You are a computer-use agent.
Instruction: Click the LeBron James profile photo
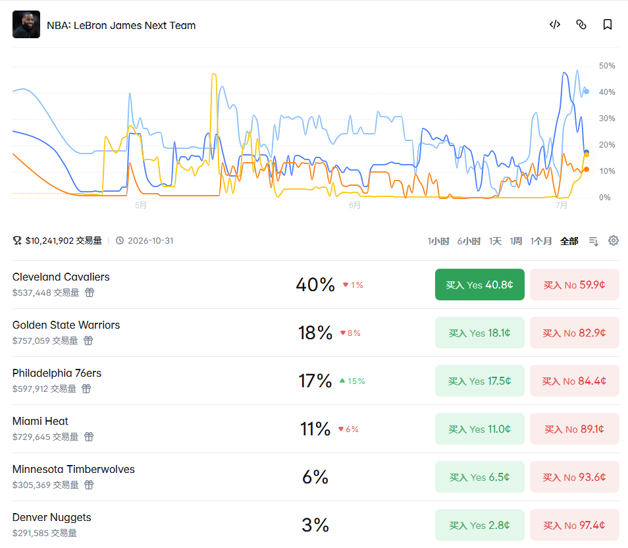(26, 24)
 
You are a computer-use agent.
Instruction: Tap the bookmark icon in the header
(607, 24)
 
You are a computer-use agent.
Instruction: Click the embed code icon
(555, 24)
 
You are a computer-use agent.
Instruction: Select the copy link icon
(581, 24)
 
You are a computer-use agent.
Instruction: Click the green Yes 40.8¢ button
(479, 285)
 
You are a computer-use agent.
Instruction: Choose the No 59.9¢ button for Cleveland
(574, 285)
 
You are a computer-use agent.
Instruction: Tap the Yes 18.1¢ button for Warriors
(479, 333)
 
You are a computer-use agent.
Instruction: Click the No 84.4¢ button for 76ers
(574, 381)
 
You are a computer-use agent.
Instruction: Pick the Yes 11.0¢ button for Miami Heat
(479, 429)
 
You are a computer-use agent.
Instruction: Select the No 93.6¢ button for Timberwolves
(574, 477)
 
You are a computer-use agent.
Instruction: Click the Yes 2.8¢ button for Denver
(479, 525)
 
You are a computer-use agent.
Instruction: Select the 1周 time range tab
(515, 241)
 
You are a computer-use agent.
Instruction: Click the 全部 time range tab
(569, 241)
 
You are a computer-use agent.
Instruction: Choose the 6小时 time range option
(469, 241)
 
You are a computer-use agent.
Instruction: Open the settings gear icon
(613, 240)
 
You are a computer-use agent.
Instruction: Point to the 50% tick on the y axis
(607, 66)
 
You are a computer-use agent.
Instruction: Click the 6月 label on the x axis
(354, 205)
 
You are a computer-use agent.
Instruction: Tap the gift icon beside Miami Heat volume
(89, 437)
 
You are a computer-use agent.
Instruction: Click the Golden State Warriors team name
(66, 325)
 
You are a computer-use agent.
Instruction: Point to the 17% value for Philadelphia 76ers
(315, 381)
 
